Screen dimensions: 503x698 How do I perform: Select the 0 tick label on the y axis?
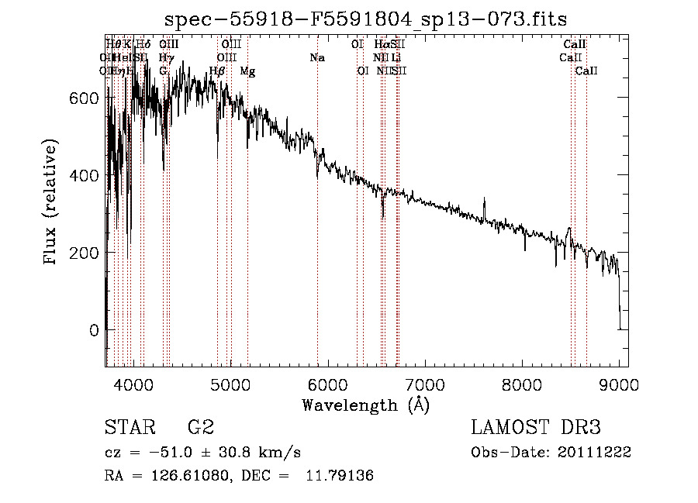[95, 331]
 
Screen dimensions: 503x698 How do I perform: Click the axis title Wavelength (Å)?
[365, 405]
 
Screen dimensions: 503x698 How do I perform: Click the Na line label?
[316, 57]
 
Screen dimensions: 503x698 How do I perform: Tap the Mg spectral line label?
[247, 71]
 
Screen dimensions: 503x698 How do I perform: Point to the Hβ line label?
[217, 71]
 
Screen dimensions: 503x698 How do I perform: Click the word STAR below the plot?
[128, 428]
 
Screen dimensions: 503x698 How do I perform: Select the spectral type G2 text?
[201, 428]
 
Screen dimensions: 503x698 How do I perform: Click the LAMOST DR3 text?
[536, 428]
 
